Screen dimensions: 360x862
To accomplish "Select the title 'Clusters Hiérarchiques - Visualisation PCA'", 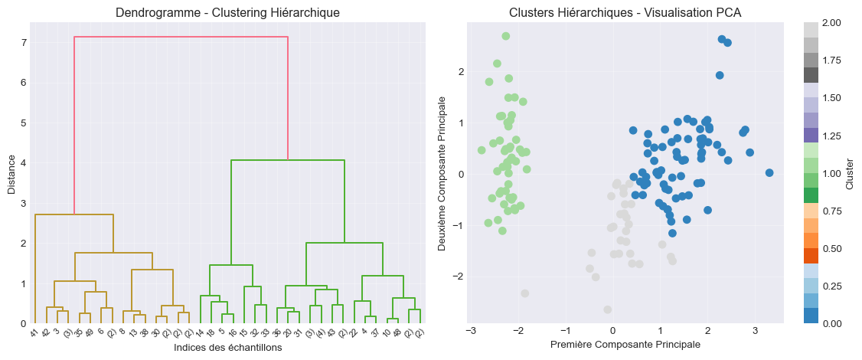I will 625,12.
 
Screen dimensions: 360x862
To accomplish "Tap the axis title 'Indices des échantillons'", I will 227,348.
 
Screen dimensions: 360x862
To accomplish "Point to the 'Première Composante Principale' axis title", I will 625,345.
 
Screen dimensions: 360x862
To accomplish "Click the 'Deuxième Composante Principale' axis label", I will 442,173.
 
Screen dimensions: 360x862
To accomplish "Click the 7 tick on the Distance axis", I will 24,42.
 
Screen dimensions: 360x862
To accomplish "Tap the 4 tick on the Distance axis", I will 24,163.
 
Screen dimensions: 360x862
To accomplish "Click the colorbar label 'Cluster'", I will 851,173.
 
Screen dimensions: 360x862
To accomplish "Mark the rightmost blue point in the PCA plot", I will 769,173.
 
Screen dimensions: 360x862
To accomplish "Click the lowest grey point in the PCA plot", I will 607,309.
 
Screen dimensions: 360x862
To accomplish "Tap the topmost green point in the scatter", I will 506,36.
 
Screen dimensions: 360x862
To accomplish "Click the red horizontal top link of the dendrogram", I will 181,37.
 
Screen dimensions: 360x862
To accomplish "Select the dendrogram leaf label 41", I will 34,333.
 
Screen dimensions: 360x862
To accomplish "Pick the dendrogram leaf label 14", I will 199,333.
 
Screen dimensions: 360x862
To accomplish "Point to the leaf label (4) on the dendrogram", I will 319,334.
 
